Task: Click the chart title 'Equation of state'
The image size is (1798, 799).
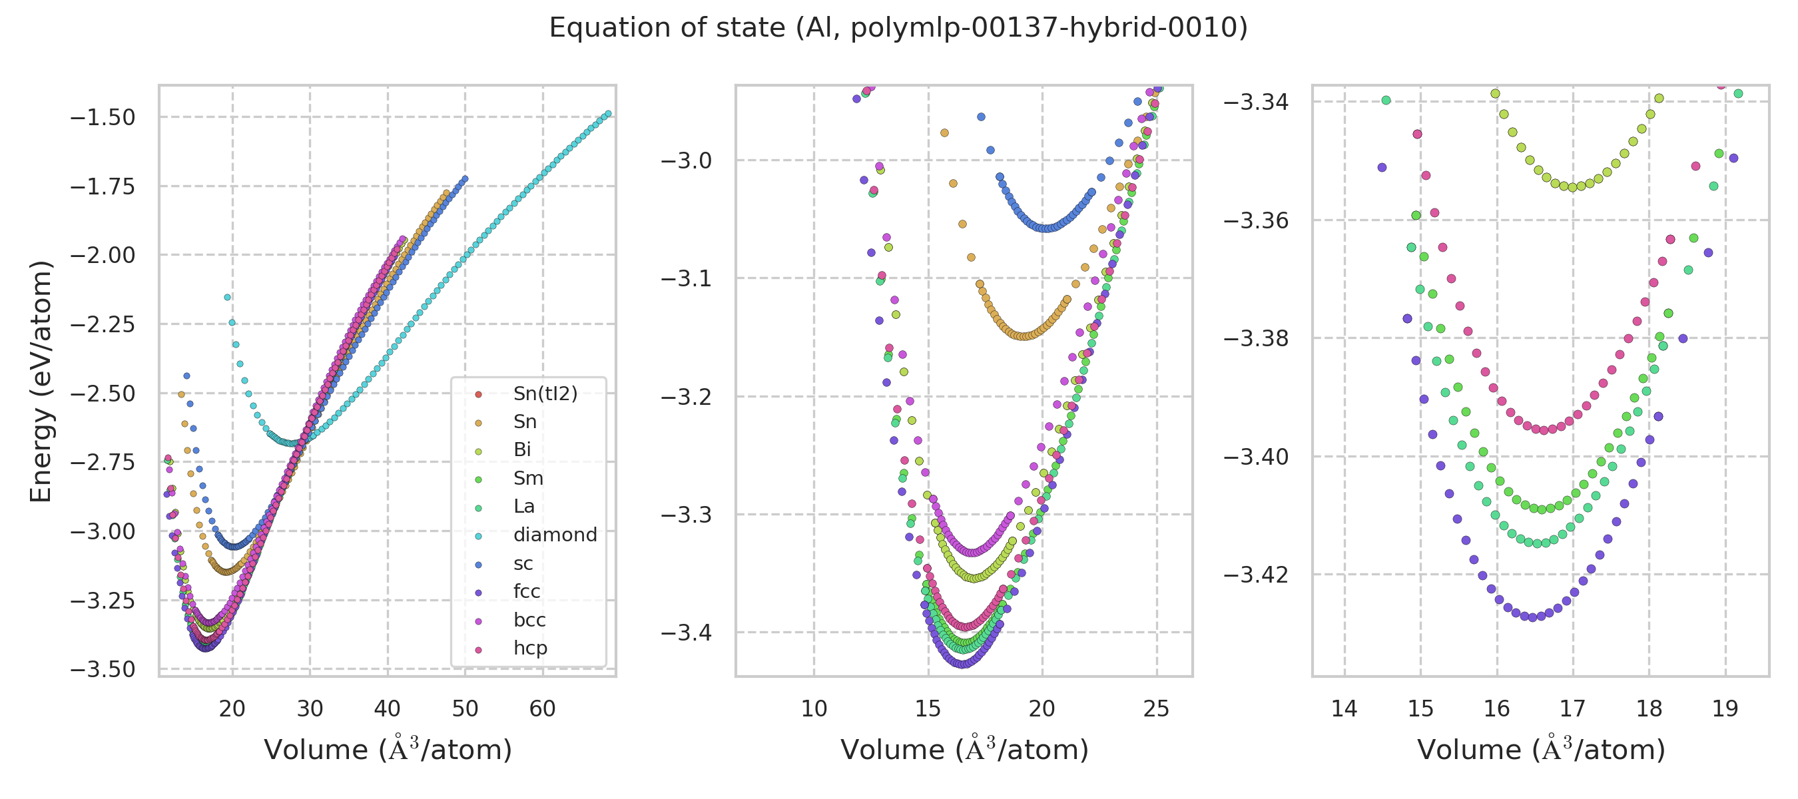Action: click(898, 28)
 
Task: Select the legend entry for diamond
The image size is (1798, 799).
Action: click(555, 535)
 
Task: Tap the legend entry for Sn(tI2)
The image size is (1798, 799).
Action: click(545, 394)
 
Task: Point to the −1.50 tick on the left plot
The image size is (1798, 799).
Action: click(103, 117)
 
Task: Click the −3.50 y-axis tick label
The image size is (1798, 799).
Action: click(103, 669)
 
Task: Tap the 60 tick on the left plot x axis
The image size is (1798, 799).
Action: click(542, 709)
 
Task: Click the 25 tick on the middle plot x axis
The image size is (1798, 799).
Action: click(1157, 709)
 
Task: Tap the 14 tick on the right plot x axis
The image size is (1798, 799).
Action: click(1345, 709)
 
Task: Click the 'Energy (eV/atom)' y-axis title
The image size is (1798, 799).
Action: click(41, 381)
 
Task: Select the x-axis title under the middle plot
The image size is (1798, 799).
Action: click(964, 750)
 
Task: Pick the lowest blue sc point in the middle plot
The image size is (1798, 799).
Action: click(1045, 228)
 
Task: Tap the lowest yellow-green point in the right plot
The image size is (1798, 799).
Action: click(1572, 187)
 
